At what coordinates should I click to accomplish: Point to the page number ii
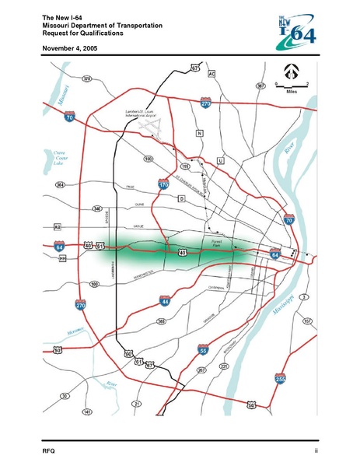pos(316,451)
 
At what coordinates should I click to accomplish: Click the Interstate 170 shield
pos(163,185)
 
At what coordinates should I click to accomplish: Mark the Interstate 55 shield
pos(203,351)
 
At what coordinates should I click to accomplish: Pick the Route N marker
pos(199,134)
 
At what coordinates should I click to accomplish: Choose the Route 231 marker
pos(224,364)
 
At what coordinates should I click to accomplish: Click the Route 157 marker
pos(308,320)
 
